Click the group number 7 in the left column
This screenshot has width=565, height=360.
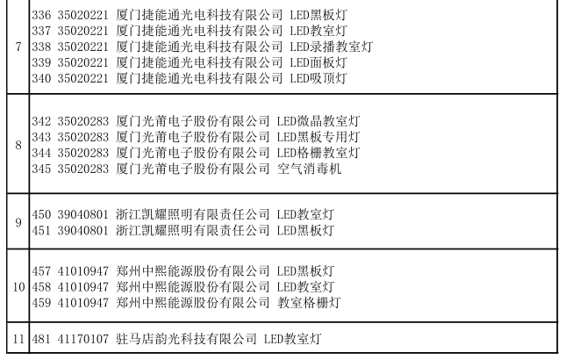click(18, 47)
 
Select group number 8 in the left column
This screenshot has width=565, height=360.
click(18, 145)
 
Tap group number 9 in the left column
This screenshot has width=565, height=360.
click(18, 222)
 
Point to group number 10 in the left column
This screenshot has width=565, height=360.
click(18, 287)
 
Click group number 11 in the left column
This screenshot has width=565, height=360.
click(18, 339)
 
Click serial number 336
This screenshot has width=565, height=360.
click(41, 15)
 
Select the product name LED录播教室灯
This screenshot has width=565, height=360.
click(332, 47)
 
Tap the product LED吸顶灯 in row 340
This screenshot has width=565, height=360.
click(318, 78)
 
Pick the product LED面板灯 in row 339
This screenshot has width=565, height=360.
click(318, 62)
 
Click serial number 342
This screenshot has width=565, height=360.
click(41, 121)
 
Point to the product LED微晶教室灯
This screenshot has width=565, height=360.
click(318, 121)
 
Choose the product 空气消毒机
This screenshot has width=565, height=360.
click(309, 169)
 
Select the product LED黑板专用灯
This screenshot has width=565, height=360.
click(318, 137)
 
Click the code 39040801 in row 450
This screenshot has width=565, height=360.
click(82, 214)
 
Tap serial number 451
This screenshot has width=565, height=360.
click(41, 231)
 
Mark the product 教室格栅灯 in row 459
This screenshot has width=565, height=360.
click(309, 303)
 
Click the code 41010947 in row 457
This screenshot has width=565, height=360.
click(82, 271)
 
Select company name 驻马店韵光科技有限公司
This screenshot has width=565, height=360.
click(186, 339)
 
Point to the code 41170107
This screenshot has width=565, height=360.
click(82, 339)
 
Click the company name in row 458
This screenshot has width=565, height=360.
click(193, 287)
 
